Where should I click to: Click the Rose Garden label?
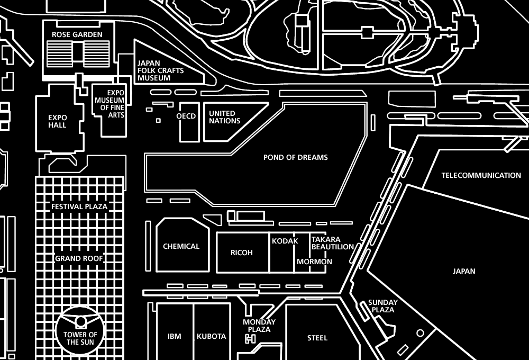pos(77,34)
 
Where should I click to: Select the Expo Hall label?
pos(57,121)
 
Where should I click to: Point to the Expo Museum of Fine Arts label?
pos(110,104)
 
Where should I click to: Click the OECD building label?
pos(186,116)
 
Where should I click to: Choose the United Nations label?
pos(224,117)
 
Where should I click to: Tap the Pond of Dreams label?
pos(295,157)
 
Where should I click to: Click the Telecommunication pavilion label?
pos(481,175)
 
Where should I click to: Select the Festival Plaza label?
pos(79,206)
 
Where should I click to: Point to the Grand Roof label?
pos(79,258)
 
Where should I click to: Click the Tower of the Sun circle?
pos(80,329)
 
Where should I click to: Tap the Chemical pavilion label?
pos(181,246)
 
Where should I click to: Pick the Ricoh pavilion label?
pos(242,253)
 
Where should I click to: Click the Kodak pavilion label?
pos(285,241)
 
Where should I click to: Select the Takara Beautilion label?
pos(332,243)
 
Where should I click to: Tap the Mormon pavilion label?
pos(314,262)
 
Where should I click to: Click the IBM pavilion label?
pos(174,336)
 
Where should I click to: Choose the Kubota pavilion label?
pos(211,336)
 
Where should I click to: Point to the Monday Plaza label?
pos(259,326)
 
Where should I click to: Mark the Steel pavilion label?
pos(317,338)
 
